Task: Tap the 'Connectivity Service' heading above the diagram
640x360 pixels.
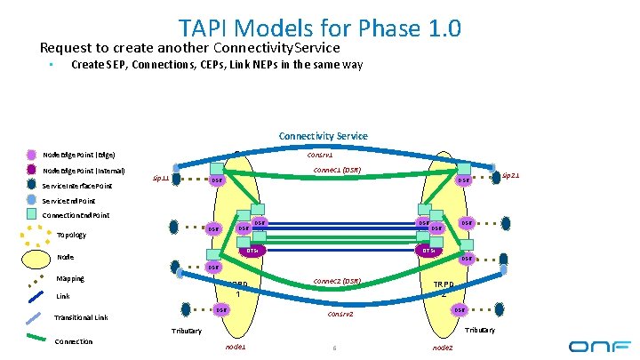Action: click(323, 136)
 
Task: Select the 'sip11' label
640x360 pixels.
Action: click(160, 178)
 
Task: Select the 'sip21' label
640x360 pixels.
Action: click(510, 176)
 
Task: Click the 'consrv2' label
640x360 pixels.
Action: click(340, 314)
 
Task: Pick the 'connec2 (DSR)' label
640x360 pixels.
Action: click(337, 281)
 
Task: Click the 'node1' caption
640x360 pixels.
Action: click(236, 347)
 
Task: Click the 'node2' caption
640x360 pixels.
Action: click(442, 347)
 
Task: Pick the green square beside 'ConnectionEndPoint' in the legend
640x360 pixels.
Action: click(33, 215)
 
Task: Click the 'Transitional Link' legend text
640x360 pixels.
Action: click(81, 317)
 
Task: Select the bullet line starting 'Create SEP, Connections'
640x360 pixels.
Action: click(216, 64)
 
